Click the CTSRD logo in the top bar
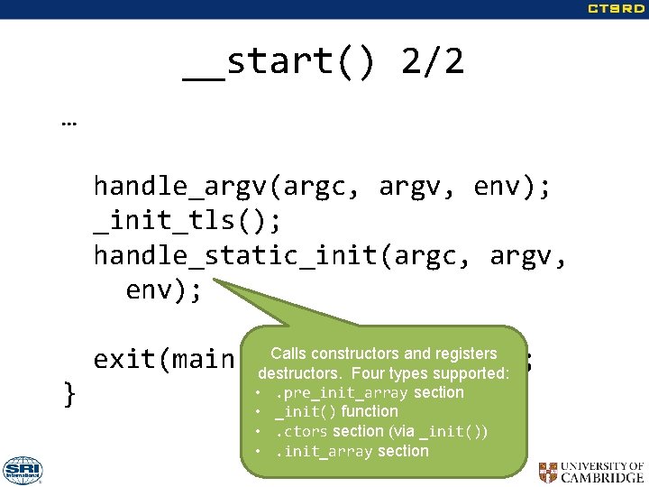617,9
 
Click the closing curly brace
69,394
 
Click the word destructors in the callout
300,373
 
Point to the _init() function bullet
336,411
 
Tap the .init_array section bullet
352,451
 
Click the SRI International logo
23,470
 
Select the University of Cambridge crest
548,472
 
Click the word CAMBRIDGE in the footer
603,478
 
